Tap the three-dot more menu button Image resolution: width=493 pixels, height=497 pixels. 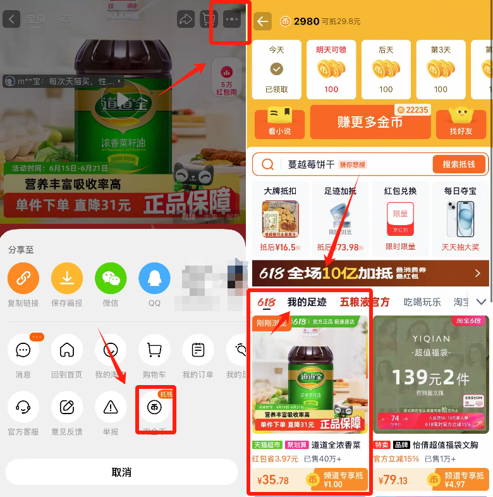[232, 20]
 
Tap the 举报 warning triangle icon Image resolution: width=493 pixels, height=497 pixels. [111, 407]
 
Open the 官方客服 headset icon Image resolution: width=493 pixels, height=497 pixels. [23, 407]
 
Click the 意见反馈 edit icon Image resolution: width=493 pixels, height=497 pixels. [67, 407]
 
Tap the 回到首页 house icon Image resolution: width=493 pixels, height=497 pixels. [67, 350]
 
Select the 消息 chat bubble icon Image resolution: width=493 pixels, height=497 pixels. [23, 350]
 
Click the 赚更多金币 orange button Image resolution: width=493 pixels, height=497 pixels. [370, 122]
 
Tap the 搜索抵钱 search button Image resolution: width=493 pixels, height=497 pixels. [459, 164]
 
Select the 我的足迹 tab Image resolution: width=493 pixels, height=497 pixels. [307, 302]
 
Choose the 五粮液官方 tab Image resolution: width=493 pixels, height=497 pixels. [365, 302]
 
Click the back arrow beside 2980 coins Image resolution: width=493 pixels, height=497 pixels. [262, 21]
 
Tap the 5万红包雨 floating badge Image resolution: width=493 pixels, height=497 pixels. [226, 75]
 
